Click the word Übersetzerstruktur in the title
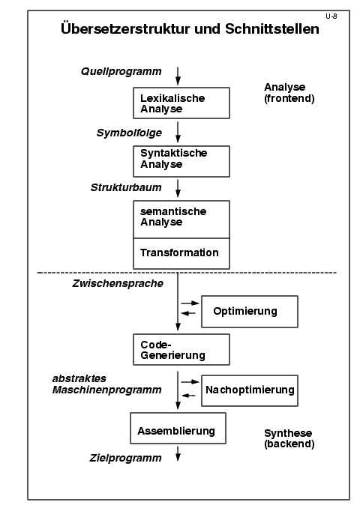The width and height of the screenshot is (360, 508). click(125, 28)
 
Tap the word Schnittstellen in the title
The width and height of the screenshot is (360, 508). click(272, 28)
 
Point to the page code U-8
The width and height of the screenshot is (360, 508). click(331, 16)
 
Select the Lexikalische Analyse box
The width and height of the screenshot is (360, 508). click(181, 103)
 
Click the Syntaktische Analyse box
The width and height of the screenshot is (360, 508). click(181, 161)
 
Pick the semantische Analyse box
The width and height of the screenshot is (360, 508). click(181, 220)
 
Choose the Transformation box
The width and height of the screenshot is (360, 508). click(181, 254)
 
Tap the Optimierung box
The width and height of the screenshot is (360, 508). click(250, 312)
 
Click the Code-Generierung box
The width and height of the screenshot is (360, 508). click(181, 350)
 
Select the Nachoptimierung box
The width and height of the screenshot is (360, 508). click(250, 390)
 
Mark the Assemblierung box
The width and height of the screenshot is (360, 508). click(178, 428)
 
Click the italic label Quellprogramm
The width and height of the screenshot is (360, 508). click(121, 72)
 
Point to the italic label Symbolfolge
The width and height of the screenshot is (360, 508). click(129, 133)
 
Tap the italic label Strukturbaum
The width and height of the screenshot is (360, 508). click(126, 187)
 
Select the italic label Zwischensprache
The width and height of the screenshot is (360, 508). click(118, 283)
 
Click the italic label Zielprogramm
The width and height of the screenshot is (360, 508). click(125, 458)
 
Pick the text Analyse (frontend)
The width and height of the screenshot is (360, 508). click(289, 93)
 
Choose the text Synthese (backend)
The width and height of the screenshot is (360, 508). click(289, 438)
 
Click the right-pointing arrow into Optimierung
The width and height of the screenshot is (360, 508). click(190, 303)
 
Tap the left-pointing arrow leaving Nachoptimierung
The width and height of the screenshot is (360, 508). click(189, 396)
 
